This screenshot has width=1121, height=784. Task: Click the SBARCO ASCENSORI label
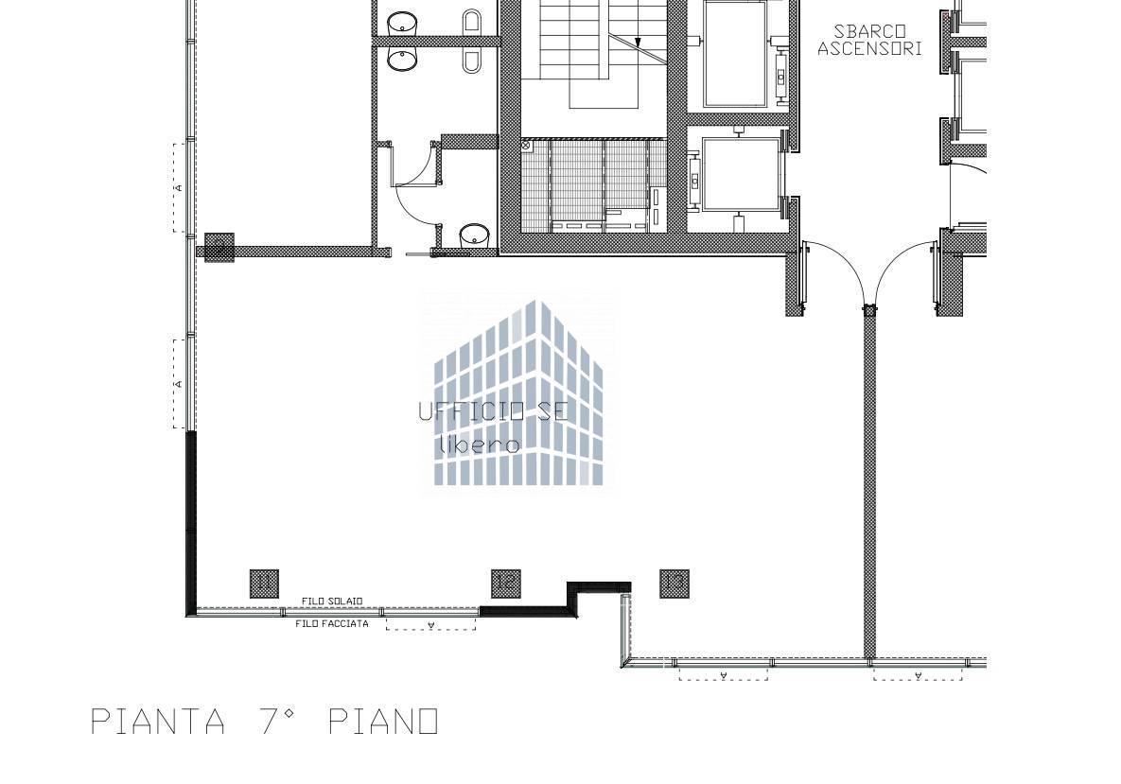[x=868, y=40]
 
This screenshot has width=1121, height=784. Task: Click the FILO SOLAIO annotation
[x=331, y=601]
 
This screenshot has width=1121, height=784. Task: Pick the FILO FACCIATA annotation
[x=331, y=624]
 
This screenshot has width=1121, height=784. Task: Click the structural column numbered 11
[x=264, y=584]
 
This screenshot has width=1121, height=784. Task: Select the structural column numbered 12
[x=506, y=583]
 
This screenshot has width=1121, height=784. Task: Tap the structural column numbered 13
[x=674, y=583]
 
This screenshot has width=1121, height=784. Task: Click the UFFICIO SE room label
[x=493, y=411]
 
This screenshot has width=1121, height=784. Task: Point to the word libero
[x=480, y=444]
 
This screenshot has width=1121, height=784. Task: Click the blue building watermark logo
[x=518, y=392]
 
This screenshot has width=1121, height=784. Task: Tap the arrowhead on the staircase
[x=639, y=43]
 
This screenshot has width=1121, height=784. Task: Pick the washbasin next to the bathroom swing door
[x=474, y=235]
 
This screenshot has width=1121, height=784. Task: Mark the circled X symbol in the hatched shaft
[x=526, y=147]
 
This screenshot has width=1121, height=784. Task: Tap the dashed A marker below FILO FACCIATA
[x=430, y=625]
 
